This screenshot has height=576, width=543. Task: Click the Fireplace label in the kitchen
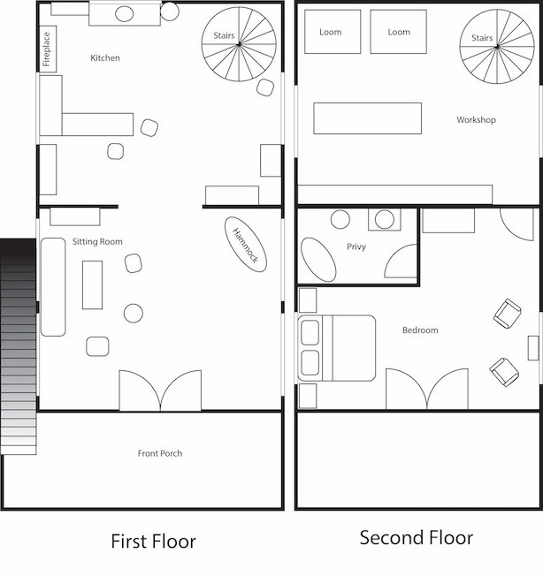pyautogui.click(x=46, y=49)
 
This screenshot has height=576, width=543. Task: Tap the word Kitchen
pyautogui.click(x=105, y=58)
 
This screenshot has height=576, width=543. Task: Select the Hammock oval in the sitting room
pyautogui.click(x=246, y=245)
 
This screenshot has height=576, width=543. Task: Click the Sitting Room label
pyautogui.click(x=97, y=242)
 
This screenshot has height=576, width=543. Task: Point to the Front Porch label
pyautogui.click(x=160, y=453)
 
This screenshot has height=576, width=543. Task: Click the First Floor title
pyautogui.click(x=154, y=541)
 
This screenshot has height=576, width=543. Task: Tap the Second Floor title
pyautogui.click(x=417, y=538)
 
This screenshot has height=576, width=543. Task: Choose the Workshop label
pyautogui.click(x=476, y=120)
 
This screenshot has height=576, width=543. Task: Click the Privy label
pyautogui.click(x=356, y=246)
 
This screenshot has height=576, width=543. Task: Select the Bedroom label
pyautogui.click(x=420, y=330)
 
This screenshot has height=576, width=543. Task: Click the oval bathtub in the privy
pyautogui.click(x=318, y=260)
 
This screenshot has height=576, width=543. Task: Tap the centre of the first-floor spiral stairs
pyautogui.click(x=239, y=44)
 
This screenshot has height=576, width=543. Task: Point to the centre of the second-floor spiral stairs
pyautogui.click(x=497, y=46)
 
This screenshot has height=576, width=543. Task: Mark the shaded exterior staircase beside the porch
pyautogui.click(x=18, y=347)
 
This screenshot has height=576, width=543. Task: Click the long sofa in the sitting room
pyautogui.click(x=53, y=287)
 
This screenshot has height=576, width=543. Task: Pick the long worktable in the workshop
pyautogui.click(x=368, y=118)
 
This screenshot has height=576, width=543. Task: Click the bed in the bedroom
pyautogui.click(x=337, y=348)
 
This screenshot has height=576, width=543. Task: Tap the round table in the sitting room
pyautogui.click(x=134, y=314)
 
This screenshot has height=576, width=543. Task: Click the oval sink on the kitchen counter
pyautogui.click(x=125, y=14)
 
